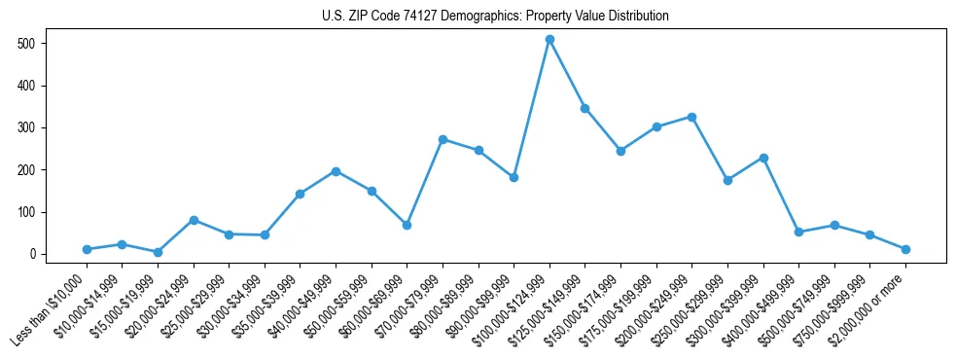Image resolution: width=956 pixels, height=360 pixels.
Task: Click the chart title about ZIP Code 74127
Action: (x=495, y=16)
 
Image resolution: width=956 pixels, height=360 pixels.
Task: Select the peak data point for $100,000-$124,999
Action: (x=549, y=39)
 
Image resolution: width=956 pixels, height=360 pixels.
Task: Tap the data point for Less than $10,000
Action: (x=87, y=249)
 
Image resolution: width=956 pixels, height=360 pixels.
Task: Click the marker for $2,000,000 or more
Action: (x=905, y=249)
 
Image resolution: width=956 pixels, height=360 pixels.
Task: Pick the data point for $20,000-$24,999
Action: (x=194, y=220)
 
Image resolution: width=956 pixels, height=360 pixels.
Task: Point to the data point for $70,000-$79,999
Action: (x=443, y=139)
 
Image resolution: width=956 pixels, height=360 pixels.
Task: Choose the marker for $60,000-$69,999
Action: (x=407, y=225)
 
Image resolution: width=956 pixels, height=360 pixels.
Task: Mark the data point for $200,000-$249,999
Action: (x=691, y=117)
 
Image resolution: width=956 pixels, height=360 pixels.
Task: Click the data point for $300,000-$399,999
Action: (x=763, y=158)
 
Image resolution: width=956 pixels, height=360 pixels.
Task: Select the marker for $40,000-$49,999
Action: (x=336, y=171)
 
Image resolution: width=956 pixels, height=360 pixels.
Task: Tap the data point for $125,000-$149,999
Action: (x=584, y=108)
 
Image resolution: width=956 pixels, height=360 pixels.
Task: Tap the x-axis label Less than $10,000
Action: (x=49, y=310)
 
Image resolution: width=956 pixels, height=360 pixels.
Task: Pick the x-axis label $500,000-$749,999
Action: (x=797, y=308)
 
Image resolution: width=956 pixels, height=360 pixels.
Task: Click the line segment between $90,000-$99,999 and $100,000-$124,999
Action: (x=532, y=108)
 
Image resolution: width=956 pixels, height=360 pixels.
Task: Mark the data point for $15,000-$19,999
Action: (x=158, y=252)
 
